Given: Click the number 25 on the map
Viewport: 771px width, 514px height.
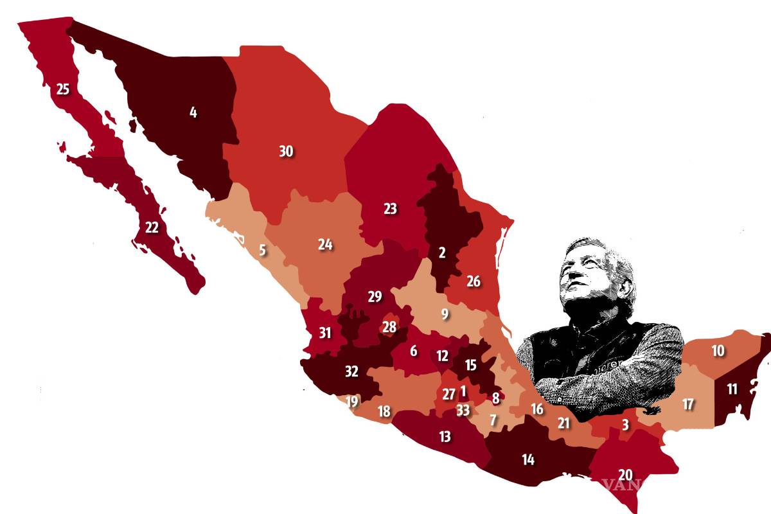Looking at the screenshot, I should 62,89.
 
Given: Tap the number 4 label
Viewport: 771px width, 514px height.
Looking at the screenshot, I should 193,112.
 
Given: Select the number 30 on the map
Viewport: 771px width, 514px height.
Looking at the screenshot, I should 286,152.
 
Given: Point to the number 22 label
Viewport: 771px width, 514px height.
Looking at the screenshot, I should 152,227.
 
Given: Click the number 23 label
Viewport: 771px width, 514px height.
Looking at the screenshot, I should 390,208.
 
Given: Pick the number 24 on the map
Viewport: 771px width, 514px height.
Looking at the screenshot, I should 325,244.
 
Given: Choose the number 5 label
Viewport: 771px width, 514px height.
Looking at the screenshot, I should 262,250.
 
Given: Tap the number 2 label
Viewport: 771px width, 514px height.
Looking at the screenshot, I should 442,253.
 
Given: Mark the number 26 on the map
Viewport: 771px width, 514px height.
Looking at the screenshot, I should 473,281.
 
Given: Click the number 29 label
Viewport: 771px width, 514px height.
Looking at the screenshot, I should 375,297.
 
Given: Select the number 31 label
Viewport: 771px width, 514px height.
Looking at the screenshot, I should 325,333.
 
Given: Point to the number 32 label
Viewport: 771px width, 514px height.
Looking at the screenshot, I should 351,371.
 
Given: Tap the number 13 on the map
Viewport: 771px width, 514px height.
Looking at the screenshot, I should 445,437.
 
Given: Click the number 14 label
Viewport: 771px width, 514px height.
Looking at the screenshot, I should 527,459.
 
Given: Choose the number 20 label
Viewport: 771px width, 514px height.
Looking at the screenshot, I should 625,475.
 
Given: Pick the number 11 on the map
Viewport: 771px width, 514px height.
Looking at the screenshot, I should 732,389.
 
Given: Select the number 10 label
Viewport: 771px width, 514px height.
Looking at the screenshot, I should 718,351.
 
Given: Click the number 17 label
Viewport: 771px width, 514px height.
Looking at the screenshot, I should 688,405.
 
